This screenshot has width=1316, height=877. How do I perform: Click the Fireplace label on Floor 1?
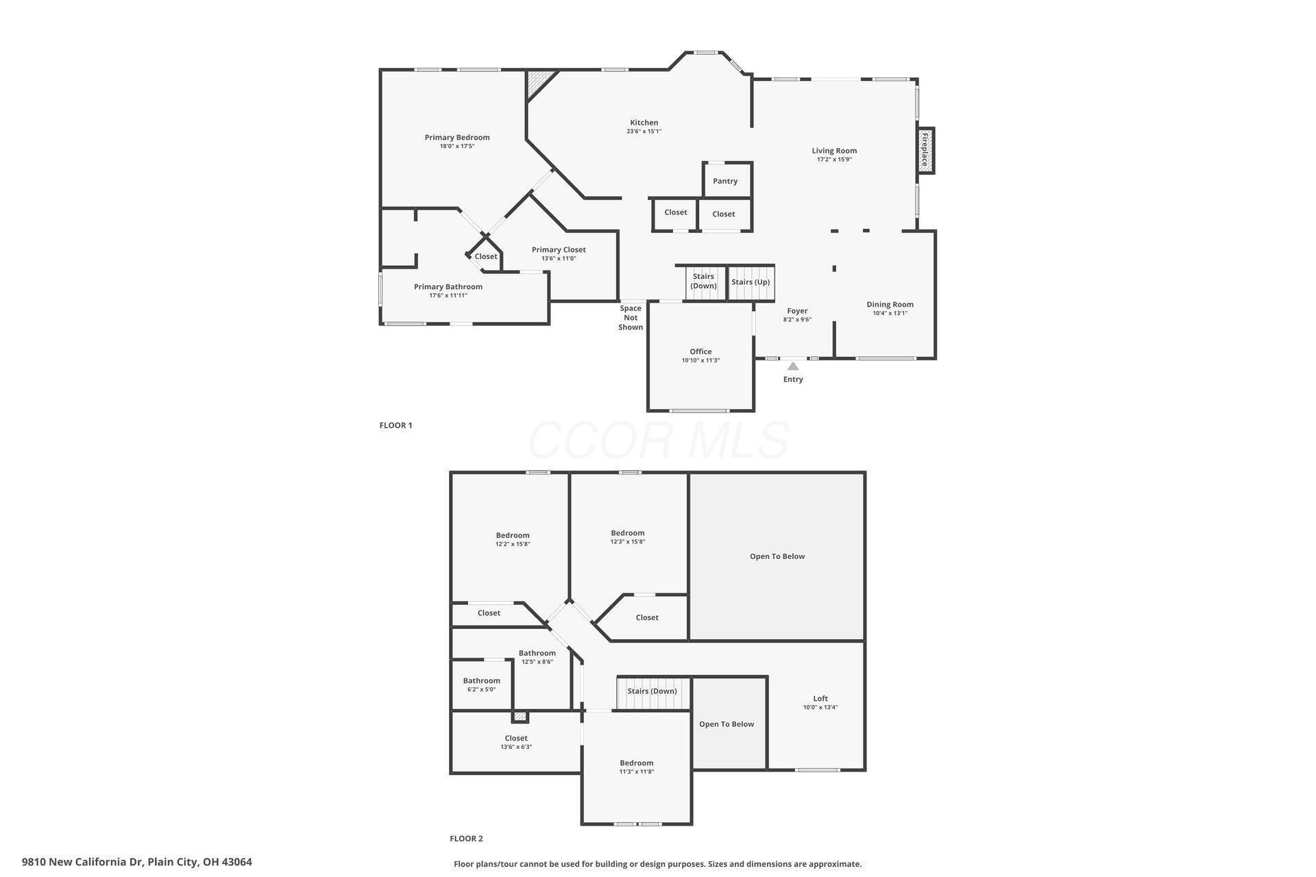coord(924,150)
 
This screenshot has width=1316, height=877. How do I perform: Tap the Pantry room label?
coord(725,181)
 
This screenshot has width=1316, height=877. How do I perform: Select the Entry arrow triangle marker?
coord(793,366)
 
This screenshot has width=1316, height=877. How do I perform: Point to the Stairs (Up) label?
coord(751,282)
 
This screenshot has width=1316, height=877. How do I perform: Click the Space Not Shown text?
coord(631,318)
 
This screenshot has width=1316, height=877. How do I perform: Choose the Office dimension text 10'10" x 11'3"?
coord(700,360)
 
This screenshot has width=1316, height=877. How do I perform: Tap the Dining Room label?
coord(890,304)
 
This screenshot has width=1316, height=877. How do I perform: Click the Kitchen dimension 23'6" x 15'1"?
coord(644,132)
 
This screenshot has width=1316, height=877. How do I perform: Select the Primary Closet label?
coord(559,249)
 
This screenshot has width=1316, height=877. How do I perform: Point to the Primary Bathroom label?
coord(448,286)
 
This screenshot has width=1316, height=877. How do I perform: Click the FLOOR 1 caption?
coord(395,425)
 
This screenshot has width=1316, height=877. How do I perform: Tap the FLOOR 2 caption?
coord(466,838)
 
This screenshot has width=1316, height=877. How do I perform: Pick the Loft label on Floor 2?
coord(820,699)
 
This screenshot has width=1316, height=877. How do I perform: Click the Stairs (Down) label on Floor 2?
coord(652,691)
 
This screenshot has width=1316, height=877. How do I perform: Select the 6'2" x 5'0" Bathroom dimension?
coord(481,689)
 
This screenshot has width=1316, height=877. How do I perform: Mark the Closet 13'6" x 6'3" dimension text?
coord(516,747)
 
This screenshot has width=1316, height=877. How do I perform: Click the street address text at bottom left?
coord(137,862)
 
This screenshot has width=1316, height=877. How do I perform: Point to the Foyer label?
coord(797,310)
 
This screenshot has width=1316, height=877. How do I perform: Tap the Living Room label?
coord(834,151)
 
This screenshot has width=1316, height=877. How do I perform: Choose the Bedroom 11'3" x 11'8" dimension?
coord(637,771)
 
